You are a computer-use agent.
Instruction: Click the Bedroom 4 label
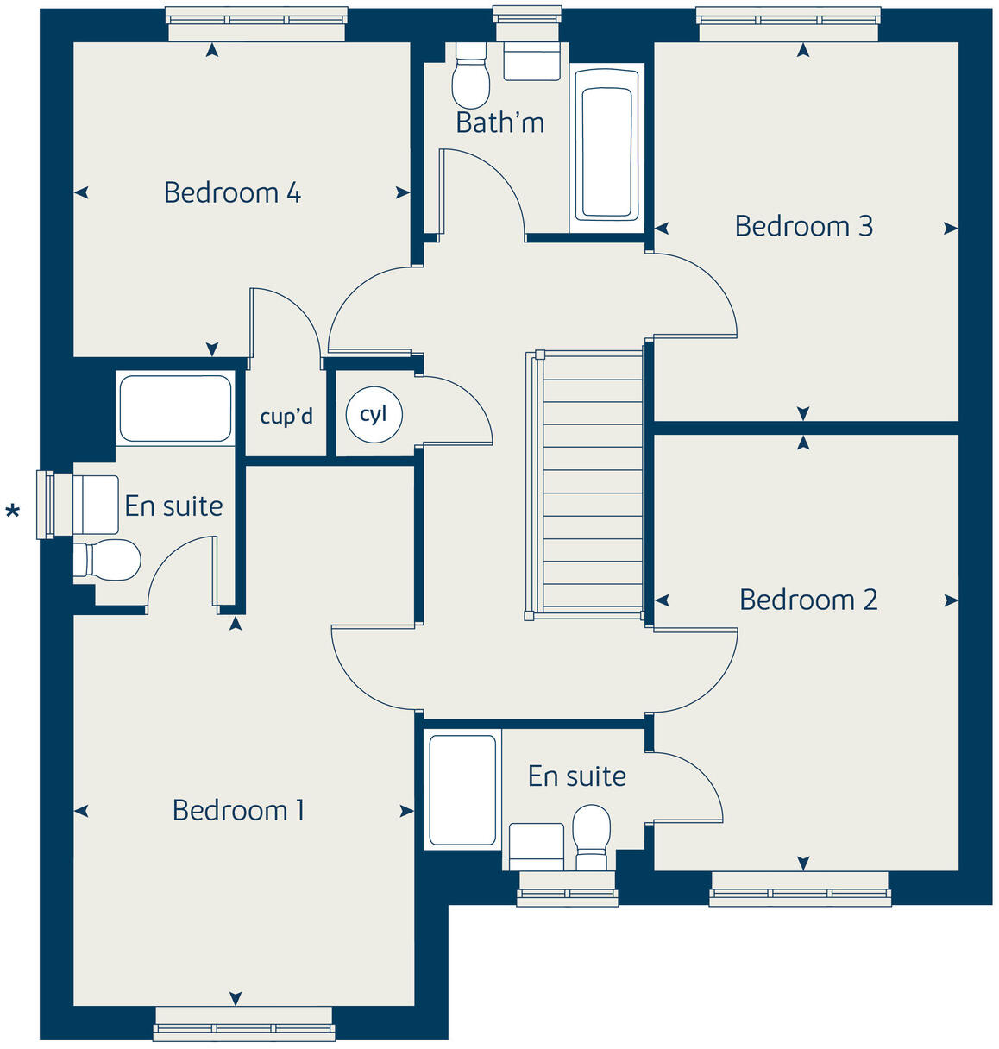tap(232, 192)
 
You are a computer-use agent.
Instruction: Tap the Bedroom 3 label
tap(803, 226)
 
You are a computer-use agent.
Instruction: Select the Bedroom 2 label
tap(807, 600)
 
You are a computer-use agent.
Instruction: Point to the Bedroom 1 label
tap(238, 810)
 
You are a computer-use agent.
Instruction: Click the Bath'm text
tap(499, 123)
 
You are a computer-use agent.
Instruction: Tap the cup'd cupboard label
tap(286, 417)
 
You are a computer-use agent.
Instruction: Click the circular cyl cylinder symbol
tap(374, 414)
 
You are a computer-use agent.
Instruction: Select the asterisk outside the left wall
tap(12, 513)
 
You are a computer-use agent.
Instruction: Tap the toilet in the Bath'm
tap(471, 75)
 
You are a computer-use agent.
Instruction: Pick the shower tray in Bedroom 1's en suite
tap(175, 409)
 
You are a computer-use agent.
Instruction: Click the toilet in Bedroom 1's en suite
tap(108, 560)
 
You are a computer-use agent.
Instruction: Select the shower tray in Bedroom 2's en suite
tap(462, 789)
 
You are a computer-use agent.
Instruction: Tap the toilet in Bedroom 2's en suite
tap(592, 836)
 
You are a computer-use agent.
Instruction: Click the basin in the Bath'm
tap(531, 61)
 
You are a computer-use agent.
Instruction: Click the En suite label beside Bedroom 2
tap(576, 776)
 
